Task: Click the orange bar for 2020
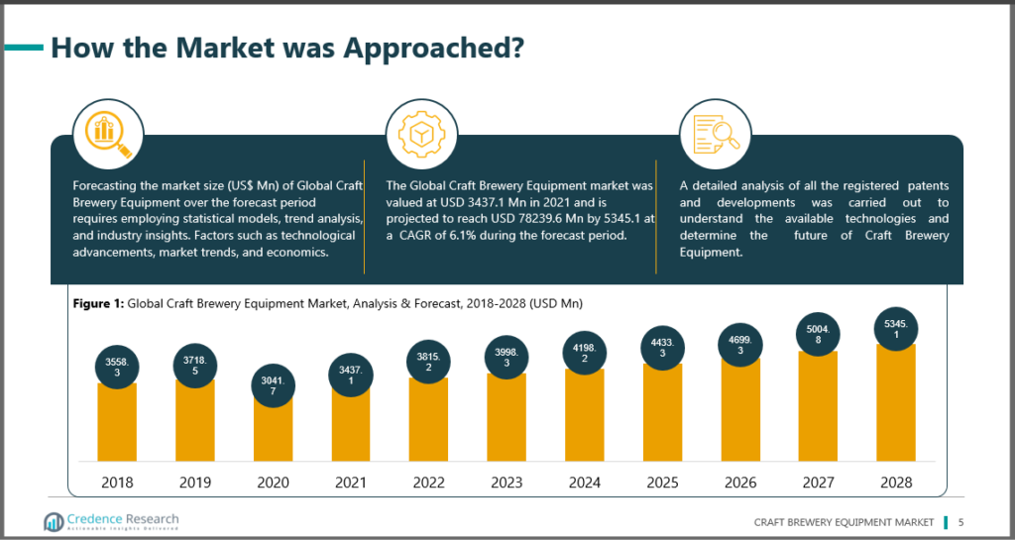click(273, 431)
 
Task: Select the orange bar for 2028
click(895, 406)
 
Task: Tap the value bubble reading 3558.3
click(117, 363)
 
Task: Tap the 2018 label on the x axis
click(117, 483)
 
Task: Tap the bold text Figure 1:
click(98, 303)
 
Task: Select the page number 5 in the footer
click(960, 522)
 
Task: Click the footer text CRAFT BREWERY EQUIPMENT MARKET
click(844, 522)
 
